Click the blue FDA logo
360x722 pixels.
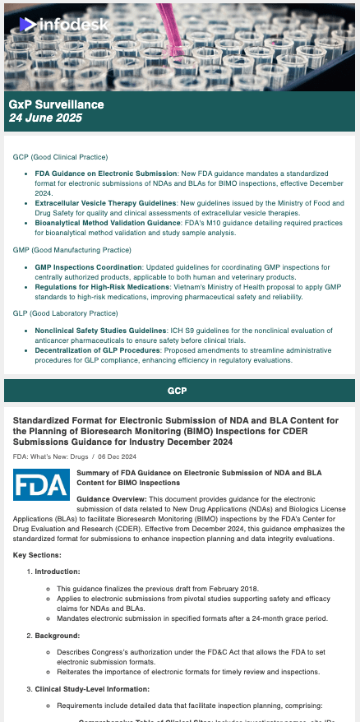pos(41,484)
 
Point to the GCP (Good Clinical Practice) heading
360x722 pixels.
pos(60,157)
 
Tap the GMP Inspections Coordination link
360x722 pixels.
pos(89,267)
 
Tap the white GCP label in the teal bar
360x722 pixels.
pos(179,389)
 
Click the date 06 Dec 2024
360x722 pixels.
pos(122,455)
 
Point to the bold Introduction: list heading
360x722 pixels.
pos(57,571)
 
